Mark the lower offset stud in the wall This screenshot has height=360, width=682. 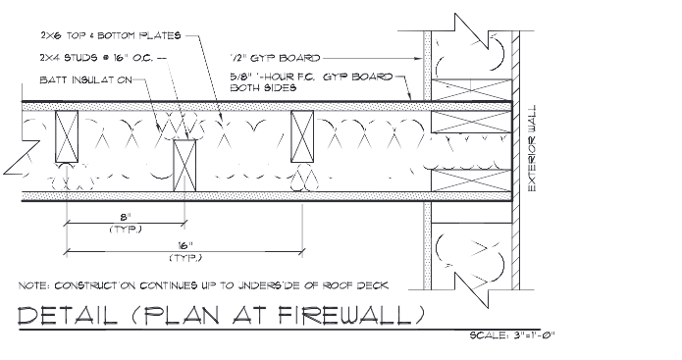coord(184,163)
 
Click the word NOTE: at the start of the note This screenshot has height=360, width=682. coord(36,285)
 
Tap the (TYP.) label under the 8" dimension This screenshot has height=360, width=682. coord(125,229)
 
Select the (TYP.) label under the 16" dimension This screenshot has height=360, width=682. coord(184,258)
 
